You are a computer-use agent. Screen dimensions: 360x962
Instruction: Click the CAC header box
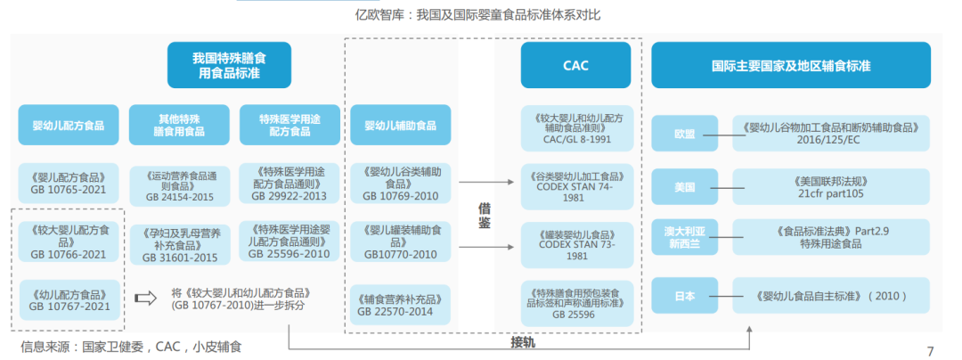tap(575, 65)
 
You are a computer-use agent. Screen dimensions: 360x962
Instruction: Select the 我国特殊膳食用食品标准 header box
tap(229, 65)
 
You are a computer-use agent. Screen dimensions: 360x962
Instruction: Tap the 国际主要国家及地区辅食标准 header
tap(790, 65)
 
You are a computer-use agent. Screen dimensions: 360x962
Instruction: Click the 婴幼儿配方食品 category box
tap(68, 125)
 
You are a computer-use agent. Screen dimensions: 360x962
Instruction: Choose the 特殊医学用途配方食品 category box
tap(289, 125)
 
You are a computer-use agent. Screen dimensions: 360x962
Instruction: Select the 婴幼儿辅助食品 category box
tap(400, 125)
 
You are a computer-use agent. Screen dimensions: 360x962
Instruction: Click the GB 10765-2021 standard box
tap(68, 183)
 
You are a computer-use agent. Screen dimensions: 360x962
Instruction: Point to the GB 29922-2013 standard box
tap(289, 183)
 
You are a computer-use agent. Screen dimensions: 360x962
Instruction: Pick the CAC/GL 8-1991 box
tap(575, 128)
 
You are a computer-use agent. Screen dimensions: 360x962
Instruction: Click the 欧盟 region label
tap(685, 134)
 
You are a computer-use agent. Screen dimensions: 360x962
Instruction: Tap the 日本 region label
tap(685, 294)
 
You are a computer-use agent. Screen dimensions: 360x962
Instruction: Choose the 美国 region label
tap(685, 187)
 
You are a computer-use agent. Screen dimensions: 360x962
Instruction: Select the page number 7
tap(930, 350)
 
